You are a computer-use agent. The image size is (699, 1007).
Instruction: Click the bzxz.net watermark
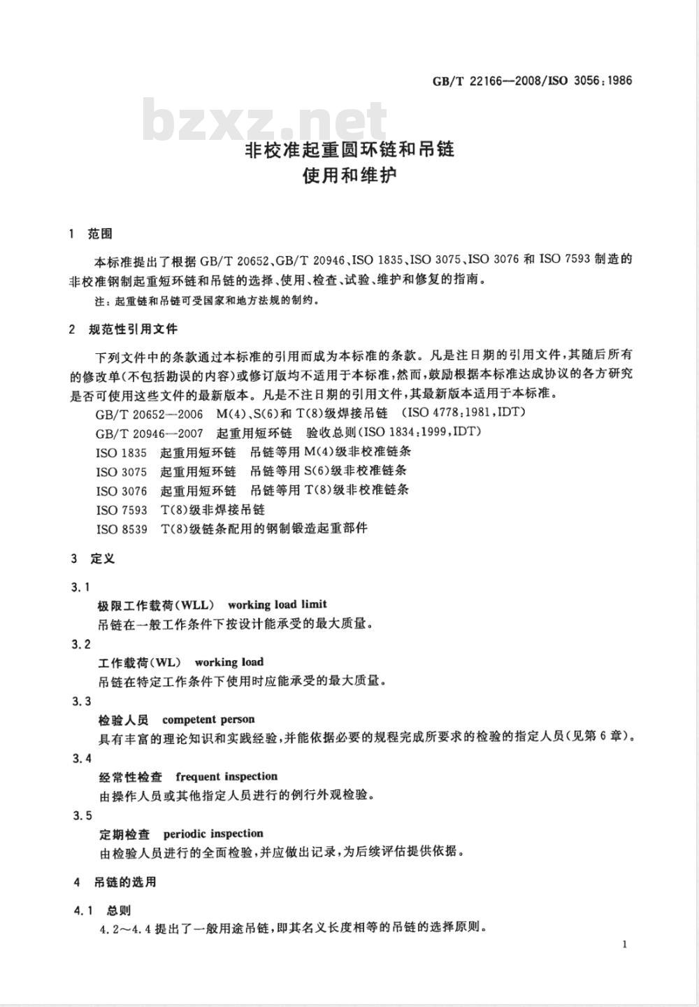(264, 120)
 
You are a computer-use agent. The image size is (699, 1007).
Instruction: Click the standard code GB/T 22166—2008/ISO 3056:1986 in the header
(532, 80)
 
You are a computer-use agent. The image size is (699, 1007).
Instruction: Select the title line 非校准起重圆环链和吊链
(349, 149)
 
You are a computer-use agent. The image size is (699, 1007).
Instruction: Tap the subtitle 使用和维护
(349, 176)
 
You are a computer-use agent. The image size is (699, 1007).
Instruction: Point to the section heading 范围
(100, 234)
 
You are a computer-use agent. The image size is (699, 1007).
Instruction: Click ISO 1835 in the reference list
(122, 452)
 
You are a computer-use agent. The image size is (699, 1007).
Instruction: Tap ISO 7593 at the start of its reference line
(122, 510)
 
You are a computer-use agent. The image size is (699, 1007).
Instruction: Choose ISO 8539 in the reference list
(122, 529)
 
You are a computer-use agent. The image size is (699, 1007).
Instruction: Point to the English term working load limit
(277, 604)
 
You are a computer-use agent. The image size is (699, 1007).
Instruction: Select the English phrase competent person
(208, 719)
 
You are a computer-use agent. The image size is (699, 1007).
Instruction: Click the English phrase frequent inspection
(226, 776)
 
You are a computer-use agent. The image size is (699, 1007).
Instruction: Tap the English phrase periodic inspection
(213, 834)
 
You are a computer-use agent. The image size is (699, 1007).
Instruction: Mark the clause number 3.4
(82, 759)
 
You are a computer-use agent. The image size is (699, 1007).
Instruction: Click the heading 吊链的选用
(125, 883)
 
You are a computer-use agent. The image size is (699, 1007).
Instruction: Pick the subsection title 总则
(119, 910)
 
